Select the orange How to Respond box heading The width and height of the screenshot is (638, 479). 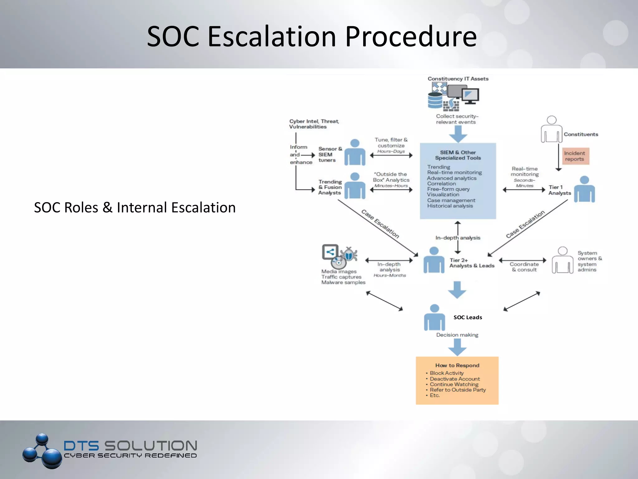pyautogui.click(x=457, y=365)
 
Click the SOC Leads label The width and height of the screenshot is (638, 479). pyautogui.click(x=468, y=317)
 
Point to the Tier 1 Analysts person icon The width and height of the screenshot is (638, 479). pyautogui.click(x=584, y=189)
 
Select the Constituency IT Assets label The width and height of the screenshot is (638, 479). pyautogui.click(x=458, y=79)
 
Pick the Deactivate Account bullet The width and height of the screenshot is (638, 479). pyautogui.click(x=455, y=379)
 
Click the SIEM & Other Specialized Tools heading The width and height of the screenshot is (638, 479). pyautogui.click(x=458, y=155)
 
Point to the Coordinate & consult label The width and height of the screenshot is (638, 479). pyautogui.click(x=524, y=267)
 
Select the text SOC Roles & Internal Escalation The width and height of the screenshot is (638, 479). pyautogui.click(x=135, y=208)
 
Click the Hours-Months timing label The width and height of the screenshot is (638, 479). pyautogui.click(x=390, y=275)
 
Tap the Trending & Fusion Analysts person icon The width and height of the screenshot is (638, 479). pyautogui.click(x=355, y=186)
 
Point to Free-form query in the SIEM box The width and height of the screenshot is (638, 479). pyautogui.click(x=448, y=189)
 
